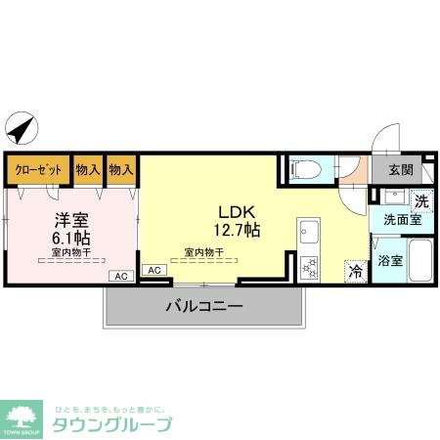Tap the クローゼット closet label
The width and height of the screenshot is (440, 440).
[x=38, y=170]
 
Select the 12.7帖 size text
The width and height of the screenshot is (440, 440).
[x=239, y=231]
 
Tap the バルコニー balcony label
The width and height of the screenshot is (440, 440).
[x=202, y=307]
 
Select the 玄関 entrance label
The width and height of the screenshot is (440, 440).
[x=401, y=168]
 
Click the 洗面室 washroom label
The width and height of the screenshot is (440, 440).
[x=401, y=221]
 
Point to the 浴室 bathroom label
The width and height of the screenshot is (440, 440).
[x=391, y=261]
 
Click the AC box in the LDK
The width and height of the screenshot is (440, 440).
[x=154, y=269]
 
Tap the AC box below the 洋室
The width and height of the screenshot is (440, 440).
[x=121, y=277]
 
